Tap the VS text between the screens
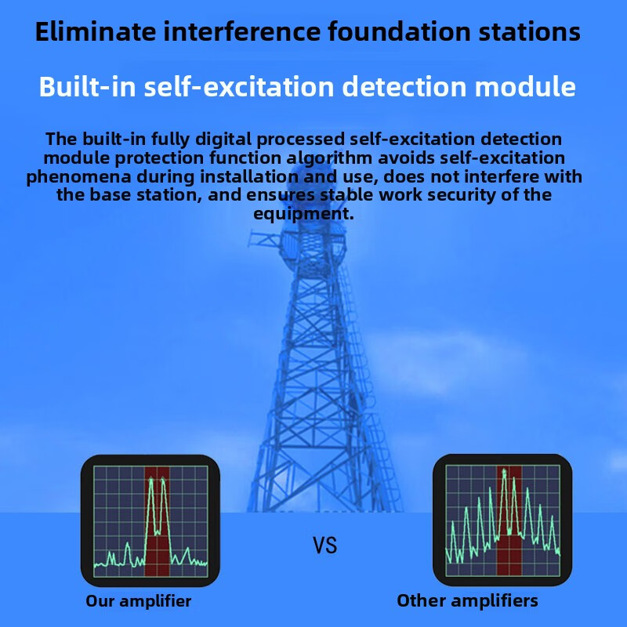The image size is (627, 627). [325, 545]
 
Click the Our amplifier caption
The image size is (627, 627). [139, 602]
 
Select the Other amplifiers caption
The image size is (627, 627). [467, 601]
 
